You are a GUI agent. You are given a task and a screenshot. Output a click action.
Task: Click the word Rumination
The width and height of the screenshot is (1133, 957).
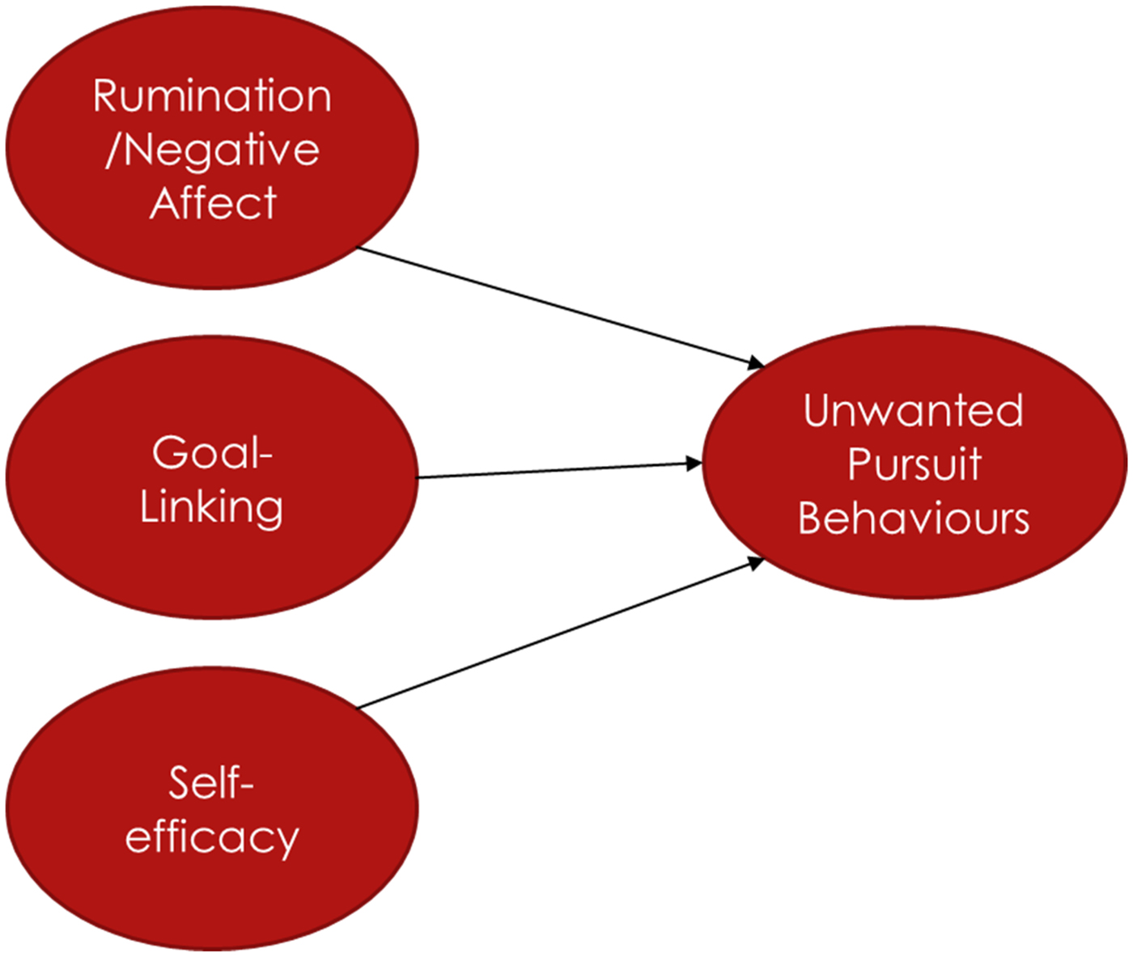point(212,96)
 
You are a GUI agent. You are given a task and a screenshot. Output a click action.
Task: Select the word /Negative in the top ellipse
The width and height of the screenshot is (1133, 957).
point(213,150)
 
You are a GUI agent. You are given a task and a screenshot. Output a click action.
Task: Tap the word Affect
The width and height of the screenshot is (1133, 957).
point(213,202)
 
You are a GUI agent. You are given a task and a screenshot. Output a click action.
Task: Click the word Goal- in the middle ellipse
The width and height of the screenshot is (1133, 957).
point(212,452)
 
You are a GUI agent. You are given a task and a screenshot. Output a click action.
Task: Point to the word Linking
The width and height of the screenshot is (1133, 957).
point(211,507)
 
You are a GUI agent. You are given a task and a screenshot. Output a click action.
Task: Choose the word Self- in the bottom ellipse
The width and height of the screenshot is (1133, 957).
point(211,782)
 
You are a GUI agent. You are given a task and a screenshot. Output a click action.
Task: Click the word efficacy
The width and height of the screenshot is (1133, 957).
point(212,836)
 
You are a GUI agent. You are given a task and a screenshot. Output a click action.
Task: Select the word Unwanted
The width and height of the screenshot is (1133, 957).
point(913,410)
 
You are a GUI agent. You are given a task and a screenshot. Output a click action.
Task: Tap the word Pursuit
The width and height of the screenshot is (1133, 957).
point(914,464)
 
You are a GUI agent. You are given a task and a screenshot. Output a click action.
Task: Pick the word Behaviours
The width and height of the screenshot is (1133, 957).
point(914,519)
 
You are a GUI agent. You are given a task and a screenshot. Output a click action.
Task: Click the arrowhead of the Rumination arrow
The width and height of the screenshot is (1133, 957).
point(755,363)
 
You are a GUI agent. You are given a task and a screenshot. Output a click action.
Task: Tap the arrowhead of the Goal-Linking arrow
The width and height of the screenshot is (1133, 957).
point(694,464)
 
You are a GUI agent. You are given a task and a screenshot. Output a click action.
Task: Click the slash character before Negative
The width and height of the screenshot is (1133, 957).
point(114,150)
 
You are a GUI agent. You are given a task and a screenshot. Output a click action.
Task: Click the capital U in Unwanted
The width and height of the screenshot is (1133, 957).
point(818,410)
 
